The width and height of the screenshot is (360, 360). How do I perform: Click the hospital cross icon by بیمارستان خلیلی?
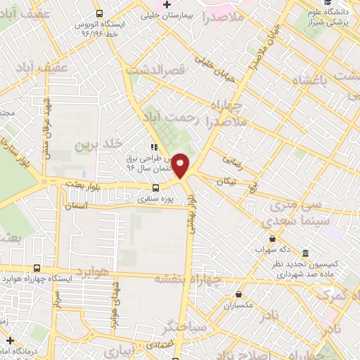pos(167,6)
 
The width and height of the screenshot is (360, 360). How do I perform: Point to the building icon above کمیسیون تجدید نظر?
pos(305,253)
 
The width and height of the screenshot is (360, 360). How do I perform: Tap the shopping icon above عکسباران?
pos(239,295)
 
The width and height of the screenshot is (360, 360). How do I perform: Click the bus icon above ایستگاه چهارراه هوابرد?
pos(37,268)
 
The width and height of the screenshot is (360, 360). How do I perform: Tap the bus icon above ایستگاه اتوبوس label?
pos(98,13)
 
